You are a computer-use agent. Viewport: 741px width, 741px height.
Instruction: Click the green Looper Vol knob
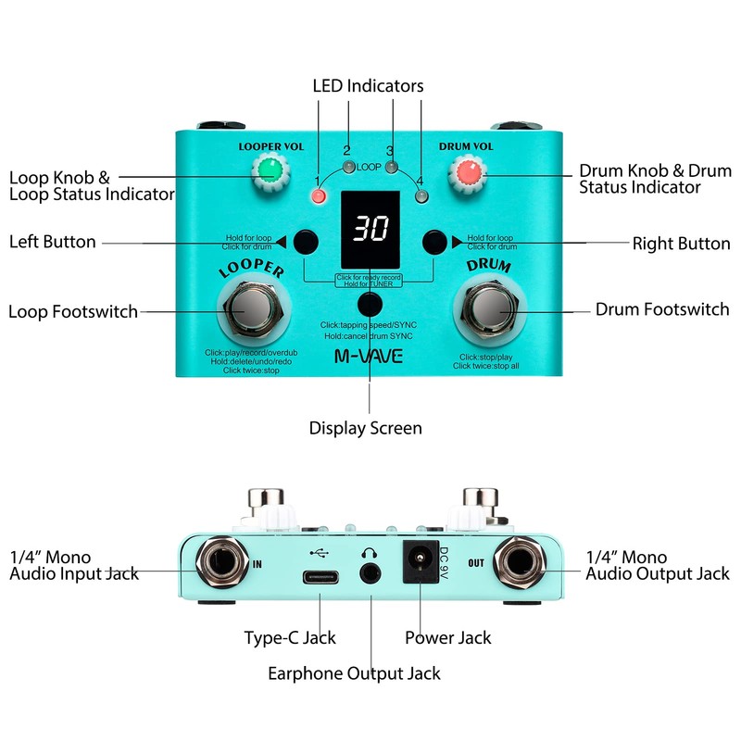coord(269,170)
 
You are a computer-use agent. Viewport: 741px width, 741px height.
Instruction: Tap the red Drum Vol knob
coord(469,172)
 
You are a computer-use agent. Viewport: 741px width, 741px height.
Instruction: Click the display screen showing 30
coord(370,230)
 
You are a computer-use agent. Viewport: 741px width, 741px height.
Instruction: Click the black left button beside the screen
coord(305,243)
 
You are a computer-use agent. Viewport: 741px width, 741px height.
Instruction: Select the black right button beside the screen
coord(434,243)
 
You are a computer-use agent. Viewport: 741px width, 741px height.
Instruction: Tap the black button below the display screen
coord(370,304)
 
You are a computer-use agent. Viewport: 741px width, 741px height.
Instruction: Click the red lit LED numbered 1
coord(320,196)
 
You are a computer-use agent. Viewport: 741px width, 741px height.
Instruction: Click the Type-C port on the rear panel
coord(320,574)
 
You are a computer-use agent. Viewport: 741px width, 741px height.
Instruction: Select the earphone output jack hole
coord(371,574)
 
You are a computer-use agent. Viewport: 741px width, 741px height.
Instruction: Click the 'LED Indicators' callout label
coord(368,85)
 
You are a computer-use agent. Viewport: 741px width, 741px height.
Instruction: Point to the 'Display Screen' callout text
coord(365,428)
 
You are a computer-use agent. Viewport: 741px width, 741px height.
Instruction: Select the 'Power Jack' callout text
coord(448,637)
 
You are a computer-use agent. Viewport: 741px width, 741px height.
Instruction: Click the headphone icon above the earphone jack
coord(371,550)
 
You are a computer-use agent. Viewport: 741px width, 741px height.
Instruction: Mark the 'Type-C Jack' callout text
coord(290,637)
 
